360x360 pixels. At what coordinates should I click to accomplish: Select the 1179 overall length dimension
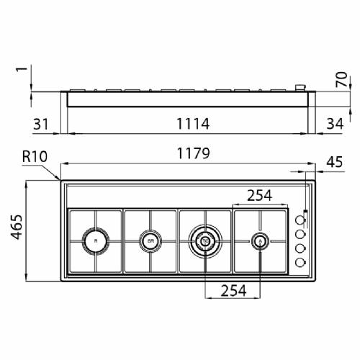tap(191, 153)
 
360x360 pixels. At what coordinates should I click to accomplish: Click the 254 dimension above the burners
tap(260, 195)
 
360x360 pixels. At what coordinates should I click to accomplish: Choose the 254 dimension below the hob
tap(233, 290)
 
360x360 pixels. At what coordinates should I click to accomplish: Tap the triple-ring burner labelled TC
tap(205, 241)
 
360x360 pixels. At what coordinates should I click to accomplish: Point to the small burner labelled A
tap(260, 241)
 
